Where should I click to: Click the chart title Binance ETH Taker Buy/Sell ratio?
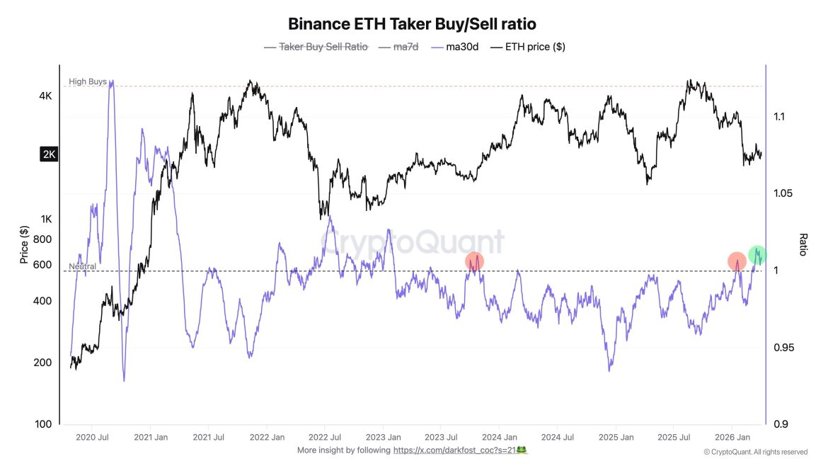[x=417, y=23]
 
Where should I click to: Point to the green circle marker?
[x=757, y=255]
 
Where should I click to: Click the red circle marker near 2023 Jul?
[x=474, y=261]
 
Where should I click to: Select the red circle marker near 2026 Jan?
[x=737, y=261]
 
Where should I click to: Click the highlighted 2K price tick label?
[x=49, y=154]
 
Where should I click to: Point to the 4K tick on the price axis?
[x=45, y=96]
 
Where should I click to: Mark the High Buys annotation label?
[x=88, y=81]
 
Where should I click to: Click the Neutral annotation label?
[x=82, y=266]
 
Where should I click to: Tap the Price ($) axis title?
[x=24, y=244]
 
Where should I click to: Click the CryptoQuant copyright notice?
[x=755, y=452]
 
